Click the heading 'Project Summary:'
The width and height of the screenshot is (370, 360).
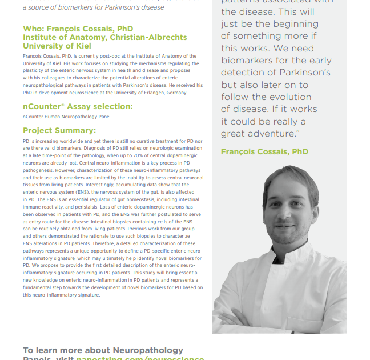(x=59, y=131)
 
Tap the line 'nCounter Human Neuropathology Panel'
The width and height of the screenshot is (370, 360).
(x=66, y=117)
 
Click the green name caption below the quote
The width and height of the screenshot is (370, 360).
(x=264, y=151)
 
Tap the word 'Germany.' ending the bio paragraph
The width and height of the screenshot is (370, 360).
(x=175, y=93)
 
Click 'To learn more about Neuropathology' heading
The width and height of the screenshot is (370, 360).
(x=103, y=350)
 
